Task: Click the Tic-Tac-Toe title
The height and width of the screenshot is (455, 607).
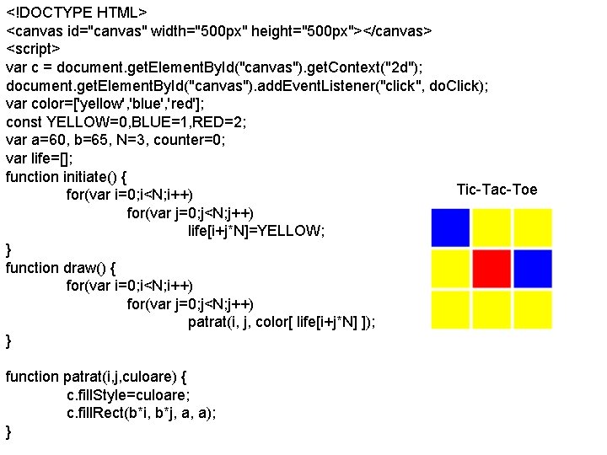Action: click(x=497, y=189)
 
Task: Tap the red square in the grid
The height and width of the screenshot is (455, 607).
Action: click(x=492, y=268)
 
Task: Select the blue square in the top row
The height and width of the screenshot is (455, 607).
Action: click(x=450, y=227)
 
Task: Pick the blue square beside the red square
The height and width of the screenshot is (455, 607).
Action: click(x=533, y=268)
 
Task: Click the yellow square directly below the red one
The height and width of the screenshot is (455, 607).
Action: click(x=492, y=309)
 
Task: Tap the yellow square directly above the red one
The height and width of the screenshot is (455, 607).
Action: click(x=492, y=227)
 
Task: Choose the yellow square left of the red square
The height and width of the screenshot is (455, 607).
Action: click(x=450, y=268)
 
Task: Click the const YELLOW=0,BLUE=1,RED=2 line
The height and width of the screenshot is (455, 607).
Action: click(x=126, y=121)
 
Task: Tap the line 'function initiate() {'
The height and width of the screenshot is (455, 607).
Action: click(x=67, y=177)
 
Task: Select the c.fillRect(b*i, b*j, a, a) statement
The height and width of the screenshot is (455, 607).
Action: click(x=141, y=413)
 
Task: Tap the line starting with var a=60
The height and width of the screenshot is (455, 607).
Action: click(x=115, y=140)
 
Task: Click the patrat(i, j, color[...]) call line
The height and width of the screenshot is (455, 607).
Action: click(x=282, y=322)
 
